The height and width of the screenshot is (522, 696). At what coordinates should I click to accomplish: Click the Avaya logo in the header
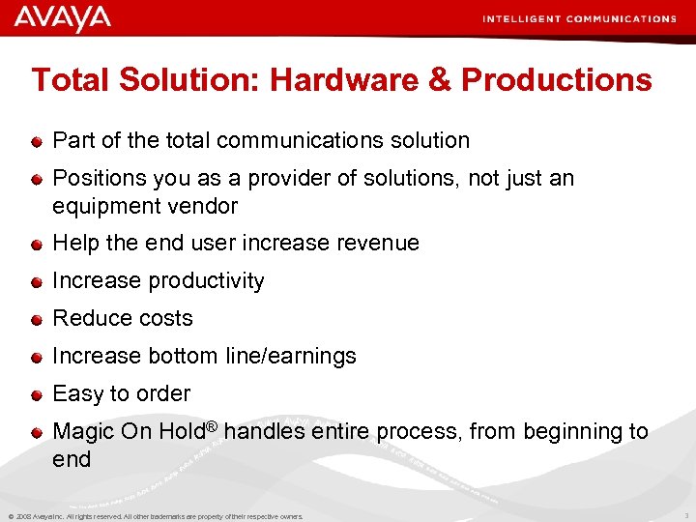pos(63,18)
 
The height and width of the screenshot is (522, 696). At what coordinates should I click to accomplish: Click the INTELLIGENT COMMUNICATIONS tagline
pos(579,18)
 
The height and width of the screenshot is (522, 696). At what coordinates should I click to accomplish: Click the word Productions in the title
pos(557,80)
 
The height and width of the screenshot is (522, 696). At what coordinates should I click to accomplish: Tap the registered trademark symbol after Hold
pos(212,425)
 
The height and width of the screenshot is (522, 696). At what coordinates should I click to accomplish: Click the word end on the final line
pos(72,459)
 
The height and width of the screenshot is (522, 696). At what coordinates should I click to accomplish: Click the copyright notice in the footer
pos(155,516)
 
